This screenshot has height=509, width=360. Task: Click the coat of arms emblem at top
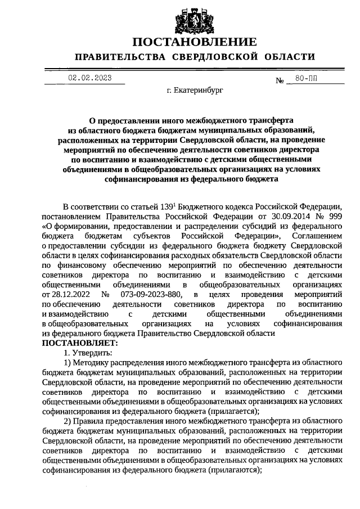point(194,18)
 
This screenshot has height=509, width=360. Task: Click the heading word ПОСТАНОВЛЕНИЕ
point(194,42)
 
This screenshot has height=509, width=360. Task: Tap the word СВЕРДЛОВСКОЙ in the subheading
point(224,57)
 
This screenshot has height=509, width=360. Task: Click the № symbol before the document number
point(280,81)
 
